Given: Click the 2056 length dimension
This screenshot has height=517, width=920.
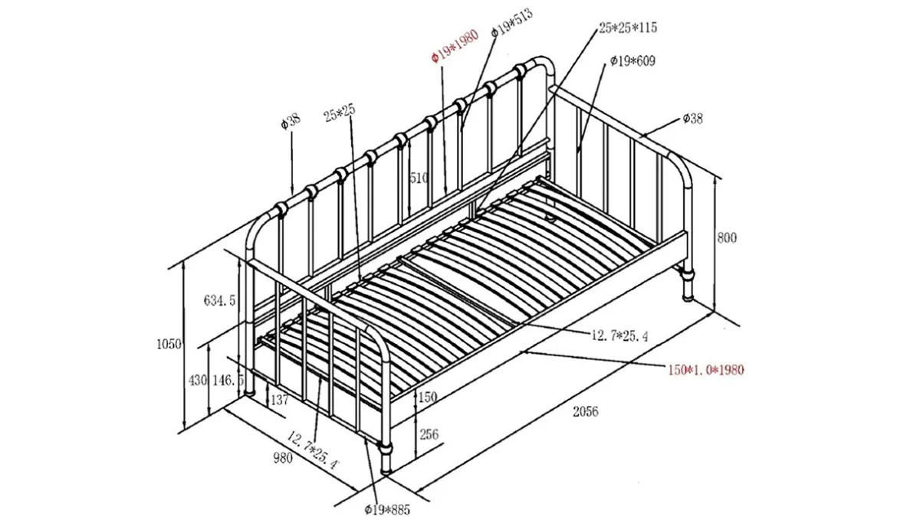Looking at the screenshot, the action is coord(586,411).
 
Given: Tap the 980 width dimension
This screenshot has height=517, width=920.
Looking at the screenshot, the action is coord(283,458).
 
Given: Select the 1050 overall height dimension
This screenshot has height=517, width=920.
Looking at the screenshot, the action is coord(169,344).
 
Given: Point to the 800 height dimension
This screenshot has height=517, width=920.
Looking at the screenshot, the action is coord(727,237).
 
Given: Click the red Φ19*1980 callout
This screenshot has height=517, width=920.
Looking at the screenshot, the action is coord(455,45).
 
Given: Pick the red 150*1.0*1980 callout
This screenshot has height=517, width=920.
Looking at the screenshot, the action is coord(705,370).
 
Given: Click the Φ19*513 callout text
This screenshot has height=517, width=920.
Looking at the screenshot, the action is coord(512,22).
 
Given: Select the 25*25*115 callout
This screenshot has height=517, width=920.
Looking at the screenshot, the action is coord(628,28).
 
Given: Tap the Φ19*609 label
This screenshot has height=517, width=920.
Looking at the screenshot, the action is coord(632,61).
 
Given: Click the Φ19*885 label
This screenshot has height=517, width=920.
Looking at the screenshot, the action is coord(387,509).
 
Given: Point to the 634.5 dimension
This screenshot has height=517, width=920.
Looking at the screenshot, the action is coord(220,301).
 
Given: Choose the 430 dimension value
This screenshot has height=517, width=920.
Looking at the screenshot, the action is coord(198,381).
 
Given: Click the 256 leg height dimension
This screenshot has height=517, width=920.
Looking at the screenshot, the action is coord(429,434).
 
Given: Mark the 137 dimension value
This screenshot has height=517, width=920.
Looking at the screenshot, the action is coord(280,399).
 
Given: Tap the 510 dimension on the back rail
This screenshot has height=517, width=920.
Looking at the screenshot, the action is coord(419,178).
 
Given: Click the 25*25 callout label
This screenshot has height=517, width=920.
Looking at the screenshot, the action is coord(340,113).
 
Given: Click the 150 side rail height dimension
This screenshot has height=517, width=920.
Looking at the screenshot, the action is coord(428,398).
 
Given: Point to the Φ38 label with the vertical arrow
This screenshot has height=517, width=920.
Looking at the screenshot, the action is coord(291,121).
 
